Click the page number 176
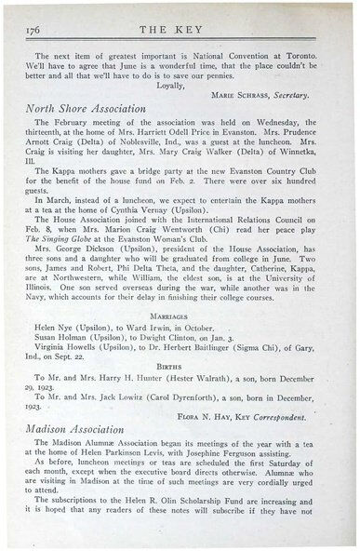(28, 30)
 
